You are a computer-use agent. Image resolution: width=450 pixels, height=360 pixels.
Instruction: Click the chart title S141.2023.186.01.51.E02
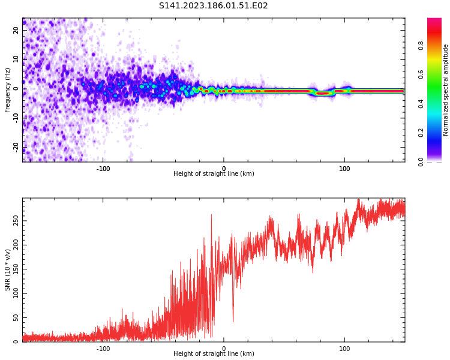pos(213,6)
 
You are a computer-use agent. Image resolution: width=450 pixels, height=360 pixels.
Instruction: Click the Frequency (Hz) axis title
pos(8,90)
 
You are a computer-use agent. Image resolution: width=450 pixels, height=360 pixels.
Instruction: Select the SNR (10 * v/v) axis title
pos(8,269)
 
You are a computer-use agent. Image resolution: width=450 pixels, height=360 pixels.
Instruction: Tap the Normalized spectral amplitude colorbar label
pos(446,90)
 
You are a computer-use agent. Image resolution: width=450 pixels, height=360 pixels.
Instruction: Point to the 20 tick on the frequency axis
pos(16,30)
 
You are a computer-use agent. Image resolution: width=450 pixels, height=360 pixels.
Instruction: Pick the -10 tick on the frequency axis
pos(16,118)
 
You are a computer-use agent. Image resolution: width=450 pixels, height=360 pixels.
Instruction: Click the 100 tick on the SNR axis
pos(16,293)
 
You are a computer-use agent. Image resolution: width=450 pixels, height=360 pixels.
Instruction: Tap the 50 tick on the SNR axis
pos(16,317)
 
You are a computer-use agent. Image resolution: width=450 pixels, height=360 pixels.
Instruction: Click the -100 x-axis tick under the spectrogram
pos(103,169)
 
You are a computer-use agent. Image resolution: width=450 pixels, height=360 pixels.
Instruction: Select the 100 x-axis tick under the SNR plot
pos(344,349)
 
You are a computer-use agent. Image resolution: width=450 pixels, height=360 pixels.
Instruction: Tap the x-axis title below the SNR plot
pos(214,354)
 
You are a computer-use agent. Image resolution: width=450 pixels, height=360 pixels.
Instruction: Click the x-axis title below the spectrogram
pos(214,174)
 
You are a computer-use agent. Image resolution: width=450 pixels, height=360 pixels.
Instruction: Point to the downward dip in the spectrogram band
pos(323,93)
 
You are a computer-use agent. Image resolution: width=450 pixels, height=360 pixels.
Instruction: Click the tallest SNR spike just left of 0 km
pos(211,215)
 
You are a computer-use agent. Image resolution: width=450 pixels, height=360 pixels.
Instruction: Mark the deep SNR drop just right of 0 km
pos(233,321)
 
